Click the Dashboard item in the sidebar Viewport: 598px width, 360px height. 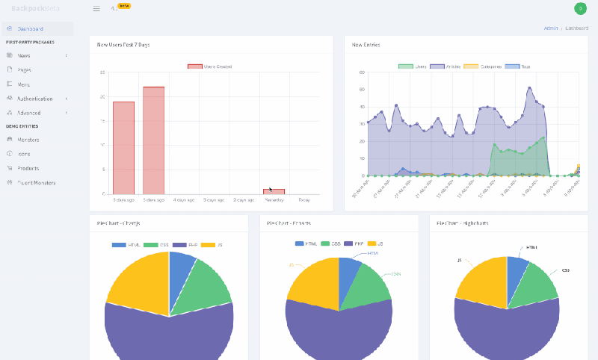(x=30, y=29)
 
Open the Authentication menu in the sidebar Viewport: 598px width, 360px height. (x=35, y=99)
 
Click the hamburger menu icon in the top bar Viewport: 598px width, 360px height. (x=96, y=9)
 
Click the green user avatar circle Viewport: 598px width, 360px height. (x=580, y=8)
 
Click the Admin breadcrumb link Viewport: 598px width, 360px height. (x=550, y=28)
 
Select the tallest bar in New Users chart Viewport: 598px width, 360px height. (x=153, y=140)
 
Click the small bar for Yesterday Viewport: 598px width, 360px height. (x=274, y=191)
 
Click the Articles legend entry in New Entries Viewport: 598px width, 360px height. (x=446, y=66)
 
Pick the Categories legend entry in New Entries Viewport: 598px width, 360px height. (x=484, y=66)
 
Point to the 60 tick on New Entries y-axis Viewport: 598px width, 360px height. (x=361, y=73)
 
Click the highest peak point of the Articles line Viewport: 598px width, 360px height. (x=529, y=88)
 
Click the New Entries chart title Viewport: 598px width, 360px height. (x=366, y=45)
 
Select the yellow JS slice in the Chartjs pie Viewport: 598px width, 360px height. (x=138, y=280)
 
